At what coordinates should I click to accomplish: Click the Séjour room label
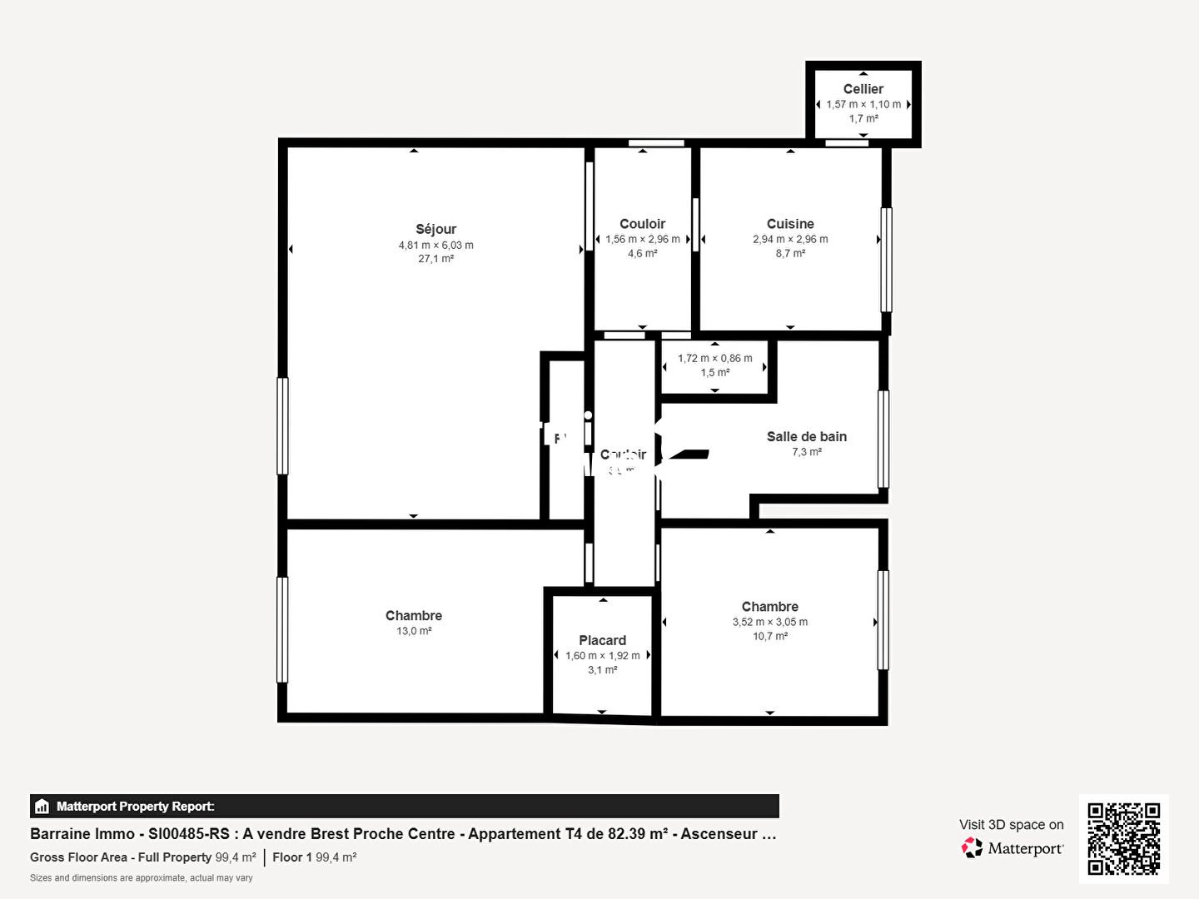point(435,229)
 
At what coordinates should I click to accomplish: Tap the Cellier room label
point(863,89)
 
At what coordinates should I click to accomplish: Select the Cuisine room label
point(789,224)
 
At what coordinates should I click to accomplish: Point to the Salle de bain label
point(806,436)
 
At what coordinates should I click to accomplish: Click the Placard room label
point(602,640)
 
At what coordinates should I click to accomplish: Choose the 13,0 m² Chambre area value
point(414,631)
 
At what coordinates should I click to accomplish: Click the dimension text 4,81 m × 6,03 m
point(435,245)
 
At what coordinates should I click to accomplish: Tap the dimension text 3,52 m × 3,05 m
point(769,622)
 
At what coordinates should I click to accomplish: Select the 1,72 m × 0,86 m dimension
point(714,358)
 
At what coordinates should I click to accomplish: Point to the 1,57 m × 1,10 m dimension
point(863,104)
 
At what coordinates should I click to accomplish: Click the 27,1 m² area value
point(435,259)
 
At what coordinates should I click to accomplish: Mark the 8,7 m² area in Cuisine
point(789,253)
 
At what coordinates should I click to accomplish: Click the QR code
point(1123,838)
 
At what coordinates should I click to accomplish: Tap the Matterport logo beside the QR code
point(1012,848)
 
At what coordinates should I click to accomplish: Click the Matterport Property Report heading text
point(135,806)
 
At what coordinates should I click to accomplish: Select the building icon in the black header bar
point(42,806)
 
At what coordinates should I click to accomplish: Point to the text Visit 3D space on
point(1011,824)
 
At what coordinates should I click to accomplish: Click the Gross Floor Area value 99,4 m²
point(236,857)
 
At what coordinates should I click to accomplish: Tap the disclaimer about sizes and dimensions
point(142,877)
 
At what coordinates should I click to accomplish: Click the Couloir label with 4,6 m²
point(642,224)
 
